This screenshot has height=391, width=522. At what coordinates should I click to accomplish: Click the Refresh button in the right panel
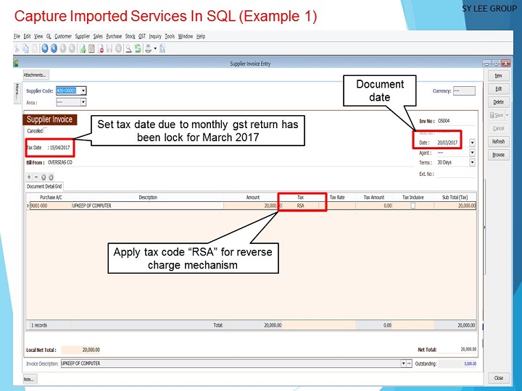point(498,141)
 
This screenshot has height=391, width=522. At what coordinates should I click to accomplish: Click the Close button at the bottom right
point(498,378)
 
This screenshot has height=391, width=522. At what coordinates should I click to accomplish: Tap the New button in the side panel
point(498,75)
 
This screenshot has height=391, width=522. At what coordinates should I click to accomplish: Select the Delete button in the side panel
point(498,102)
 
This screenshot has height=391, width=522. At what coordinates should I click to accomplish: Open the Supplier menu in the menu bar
point(83,36)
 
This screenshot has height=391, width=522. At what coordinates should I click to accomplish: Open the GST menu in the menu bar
point(142,36)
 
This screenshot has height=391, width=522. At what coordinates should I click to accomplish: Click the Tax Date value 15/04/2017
point(59,148)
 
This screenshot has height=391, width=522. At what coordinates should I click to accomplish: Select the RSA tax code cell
point(301,206)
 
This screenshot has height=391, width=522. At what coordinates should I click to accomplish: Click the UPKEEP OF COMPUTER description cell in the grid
point(92,206)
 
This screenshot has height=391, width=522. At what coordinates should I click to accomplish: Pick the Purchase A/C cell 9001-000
point(40,206)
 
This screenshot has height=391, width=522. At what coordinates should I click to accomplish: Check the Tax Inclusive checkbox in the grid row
point(413,206)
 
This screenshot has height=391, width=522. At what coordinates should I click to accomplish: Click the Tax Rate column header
point(337,197)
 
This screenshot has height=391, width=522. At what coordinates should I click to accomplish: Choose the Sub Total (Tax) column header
point(454,197)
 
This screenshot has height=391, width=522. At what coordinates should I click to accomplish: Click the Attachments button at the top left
point(35,75)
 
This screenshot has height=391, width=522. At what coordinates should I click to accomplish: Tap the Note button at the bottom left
point(29,379)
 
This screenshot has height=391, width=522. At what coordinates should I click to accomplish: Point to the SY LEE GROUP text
point(489,9)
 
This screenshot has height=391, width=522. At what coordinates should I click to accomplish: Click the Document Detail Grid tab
point(43,186)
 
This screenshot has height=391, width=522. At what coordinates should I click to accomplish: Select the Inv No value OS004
point(444,121)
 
